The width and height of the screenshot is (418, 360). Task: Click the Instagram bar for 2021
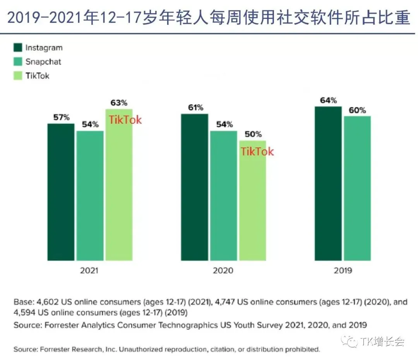click(61, 192)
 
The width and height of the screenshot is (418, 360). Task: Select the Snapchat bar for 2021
click(90, 196)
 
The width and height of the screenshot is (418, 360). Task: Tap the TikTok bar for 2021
click(119, 185)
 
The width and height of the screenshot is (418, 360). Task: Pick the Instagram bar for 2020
click(194, 187)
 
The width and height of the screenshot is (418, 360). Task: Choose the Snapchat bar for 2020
click(223, 196)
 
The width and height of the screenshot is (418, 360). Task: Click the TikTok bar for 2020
click(252, 201)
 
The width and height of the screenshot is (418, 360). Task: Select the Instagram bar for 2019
click(328, 183)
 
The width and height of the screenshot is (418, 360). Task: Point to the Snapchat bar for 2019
click(357, 188)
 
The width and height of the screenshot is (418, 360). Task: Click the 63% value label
click(119, 103)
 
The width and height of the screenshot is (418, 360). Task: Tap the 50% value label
click(253, 134)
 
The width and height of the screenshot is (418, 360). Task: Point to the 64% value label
click(329, 101)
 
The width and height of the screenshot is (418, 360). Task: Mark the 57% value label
click(61, 117)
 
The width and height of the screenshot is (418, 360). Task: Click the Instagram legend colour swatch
click(18, 48)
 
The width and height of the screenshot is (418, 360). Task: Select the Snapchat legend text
click(43, 62)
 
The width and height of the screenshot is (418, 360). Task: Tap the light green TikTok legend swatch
click(18, 76)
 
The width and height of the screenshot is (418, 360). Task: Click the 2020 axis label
click(223, 271)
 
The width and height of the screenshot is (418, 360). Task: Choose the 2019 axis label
click(343, 271)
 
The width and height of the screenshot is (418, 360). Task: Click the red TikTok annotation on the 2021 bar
click(125, 120)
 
